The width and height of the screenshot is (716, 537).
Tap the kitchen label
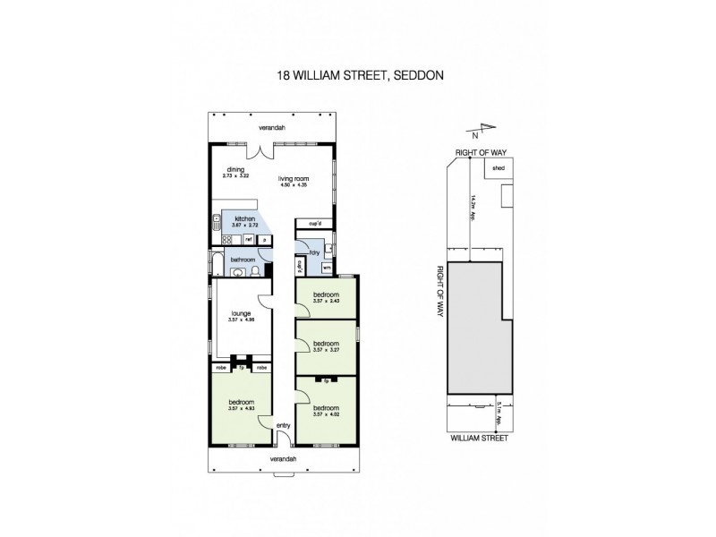[244, 219]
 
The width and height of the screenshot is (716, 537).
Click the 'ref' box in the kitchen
[247, 239]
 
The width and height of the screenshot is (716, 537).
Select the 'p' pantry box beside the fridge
[264, 239]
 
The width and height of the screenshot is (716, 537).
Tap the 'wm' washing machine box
[327, 267]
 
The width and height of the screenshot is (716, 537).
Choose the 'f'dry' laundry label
[314, 252]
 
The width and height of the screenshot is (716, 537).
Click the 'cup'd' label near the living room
[314, 223]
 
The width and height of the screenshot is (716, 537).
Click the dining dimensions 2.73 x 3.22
[235, 175]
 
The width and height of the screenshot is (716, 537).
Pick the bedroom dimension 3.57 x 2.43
[325, 301]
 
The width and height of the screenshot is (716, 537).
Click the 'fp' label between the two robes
[241, 367]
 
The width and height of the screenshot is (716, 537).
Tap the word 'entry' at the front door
[284, 426]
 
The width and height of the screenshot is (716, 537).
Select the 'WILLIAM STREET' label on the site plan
[479, 439]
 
